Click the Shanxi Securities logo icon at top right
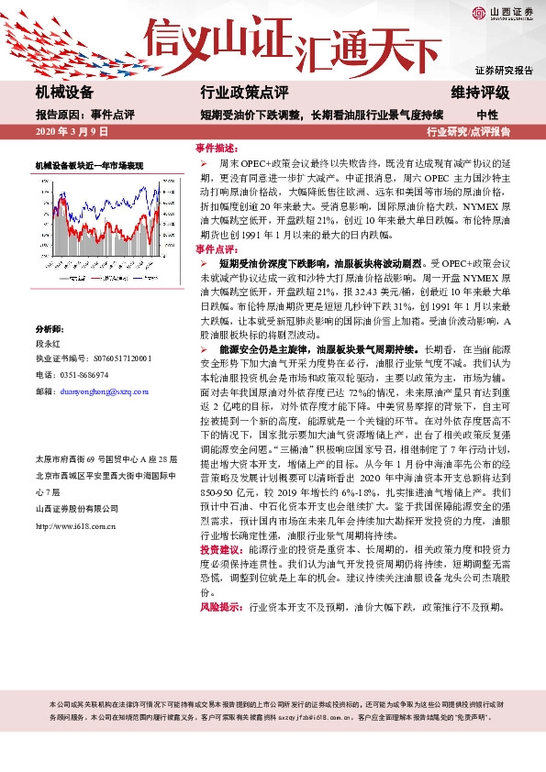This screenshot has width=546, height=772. pos(478,12)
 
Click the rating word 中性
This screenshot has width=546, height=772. pos(487,115)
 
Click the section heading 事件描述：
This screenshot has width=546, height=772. pos(217,148)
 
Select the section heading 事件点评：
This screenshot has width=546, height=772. pos(217,248)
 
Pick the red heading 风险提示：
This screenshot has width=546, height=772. pos(220,607)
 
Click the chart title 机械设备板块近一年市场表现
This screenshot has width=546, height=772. pos(90,165)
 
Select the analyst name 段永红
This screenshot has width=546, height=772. pos(47,342)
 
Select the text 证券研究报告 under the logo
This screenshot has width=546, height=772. pos(504,71)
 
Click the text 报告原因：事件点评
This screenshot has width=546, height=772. pos(84,115)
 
